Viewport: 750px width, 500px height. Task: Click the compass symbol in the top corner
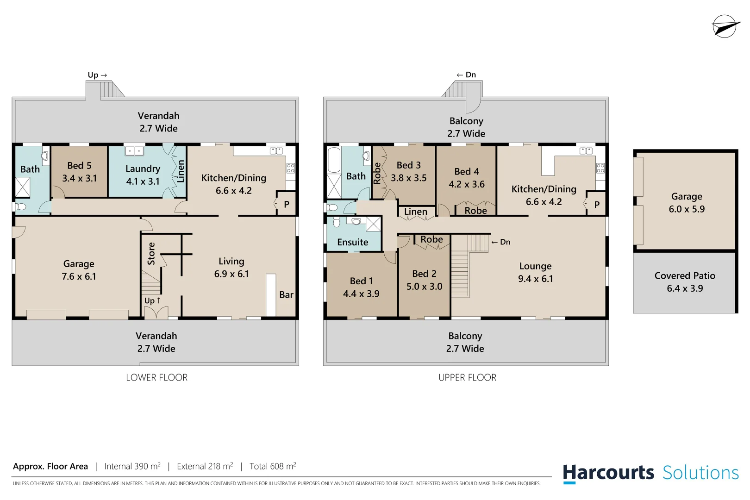pyautogui.click(x=725, y=26)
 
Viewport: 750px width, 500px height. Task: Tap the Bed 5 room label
pyautogui.click(x=79, y=166)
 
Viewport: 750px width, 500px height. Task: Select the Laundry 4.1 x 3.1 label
pyautogui.click(x=143, y=175)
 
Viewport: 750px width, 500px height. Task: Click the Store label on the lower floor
pyautogui.click(x=151, y=253)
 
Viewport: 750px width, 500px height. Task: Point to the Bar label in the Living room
pyautogui.click(x=286, y=295)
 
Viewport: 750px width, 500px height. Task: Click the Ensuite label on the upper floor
pyautogui.click(x=353, y=242)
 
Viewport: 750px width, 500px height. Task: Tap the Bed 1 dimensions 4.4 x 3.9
pyautogui.click(x=361, y=294)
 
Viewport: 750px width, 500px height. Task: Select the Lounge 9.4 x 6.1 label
pyautogui.click(x=535, y=272)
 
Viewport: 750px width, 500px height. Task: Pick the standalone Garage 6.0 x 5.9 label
pyautogui.click(x=687, y=203)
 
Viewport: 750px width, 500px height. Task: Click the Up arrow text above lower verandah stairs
pyautogui.click(x=97, y=75)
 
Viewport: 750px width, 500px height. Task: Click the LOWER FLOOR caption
pyautogui.click(x=156, y=377)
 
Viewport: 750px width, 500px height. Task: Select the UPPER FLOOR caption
pyautogui.click(x=467, y=377)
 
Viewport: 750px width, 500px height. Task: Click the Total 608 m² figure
pyautogui.click(x=273, y=466)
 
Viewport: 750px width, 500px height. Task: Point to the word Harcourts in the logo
pyautogui.click(x=608, y=473)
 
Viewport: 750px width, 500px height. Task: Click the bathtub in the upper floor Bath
pyautogui.click(x=334, y=159)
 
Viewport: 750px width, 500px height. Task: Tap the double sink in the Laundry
pyautogui.click(x=134, y=151)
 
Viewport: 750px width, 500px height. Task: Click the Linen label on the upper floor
pyautogui.click(x=416, y=212)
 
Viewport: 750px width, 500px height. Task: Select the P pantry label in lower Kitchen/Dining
pyautogui.click(x=287, y=204)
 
